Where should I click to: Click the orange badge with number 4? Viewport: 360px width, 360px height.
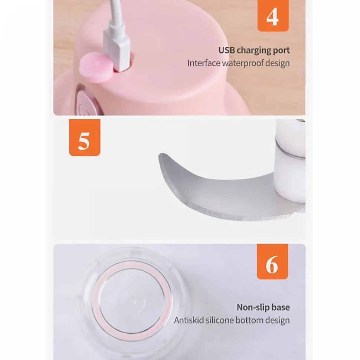pyautogui.click(x=273, y=16)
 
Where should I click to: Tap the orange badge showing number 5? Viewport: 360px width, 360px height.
pyautogui.click(x=85, y=137)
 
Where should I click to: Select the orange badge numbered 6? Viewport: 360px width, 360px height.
pyautogui.click(x=272, y=261)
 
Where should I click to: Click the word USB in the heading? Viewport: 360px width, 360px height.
pyautogui.click(x=227, y=50)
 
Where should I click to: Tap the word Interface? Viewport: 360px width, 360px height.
pyautogui.click(x=204, y=63)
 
